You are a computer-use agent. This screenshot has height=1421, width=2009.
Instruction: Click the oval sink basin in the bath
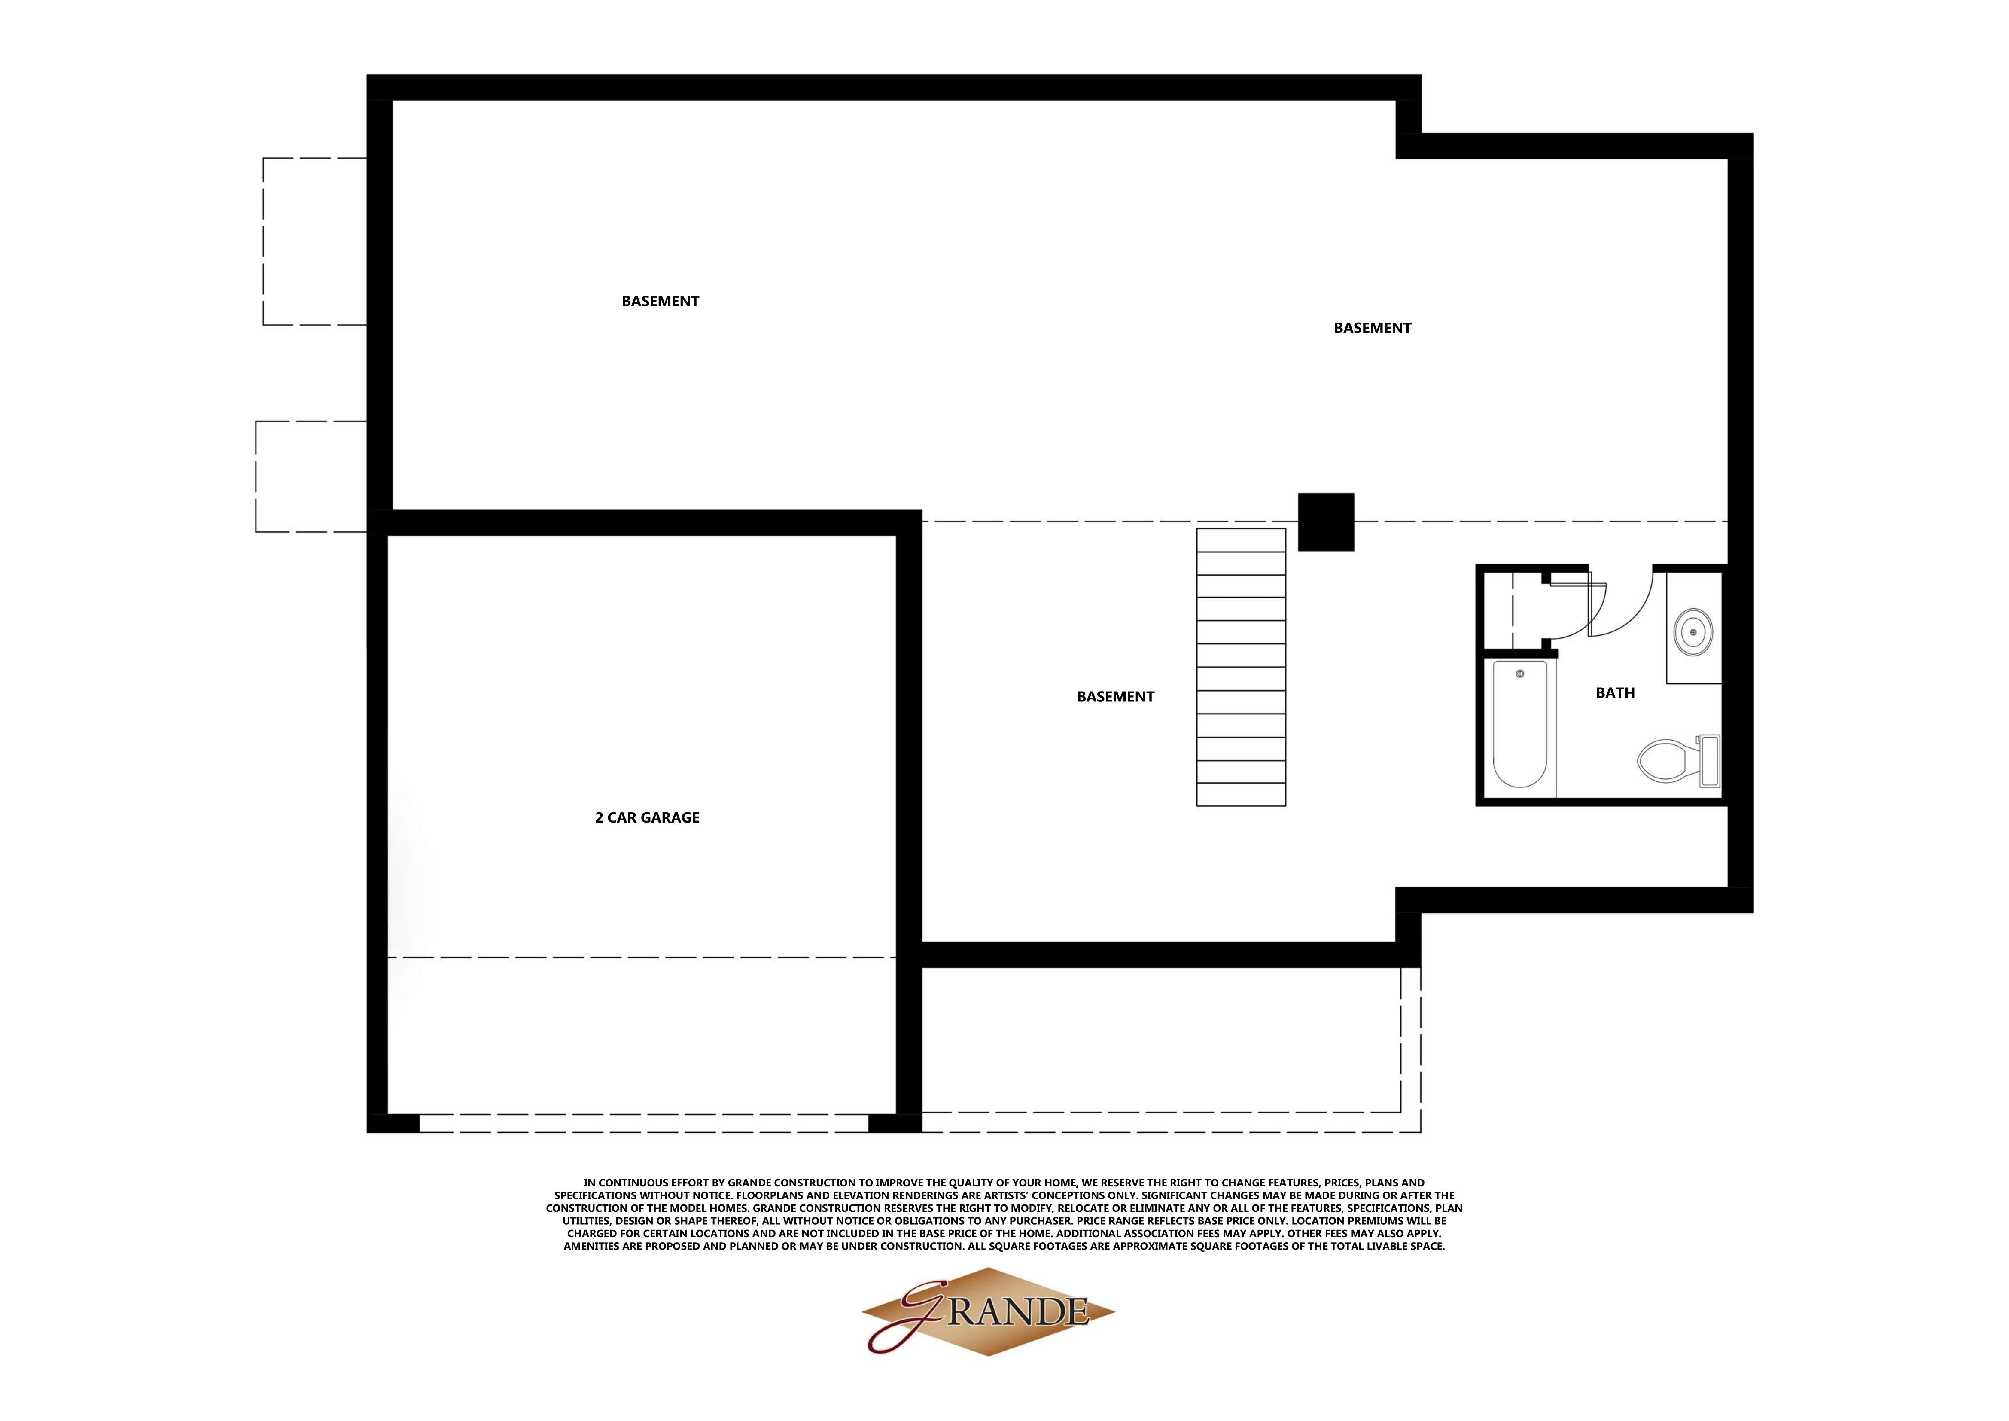[x=1693, y=632]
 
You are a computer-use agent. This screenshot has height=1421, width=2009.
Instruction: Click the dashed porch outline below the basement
[x=1164, y=1050]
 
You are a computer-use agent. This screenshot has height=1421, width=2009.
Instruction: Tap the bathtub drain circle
[x=1520, y=674]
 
